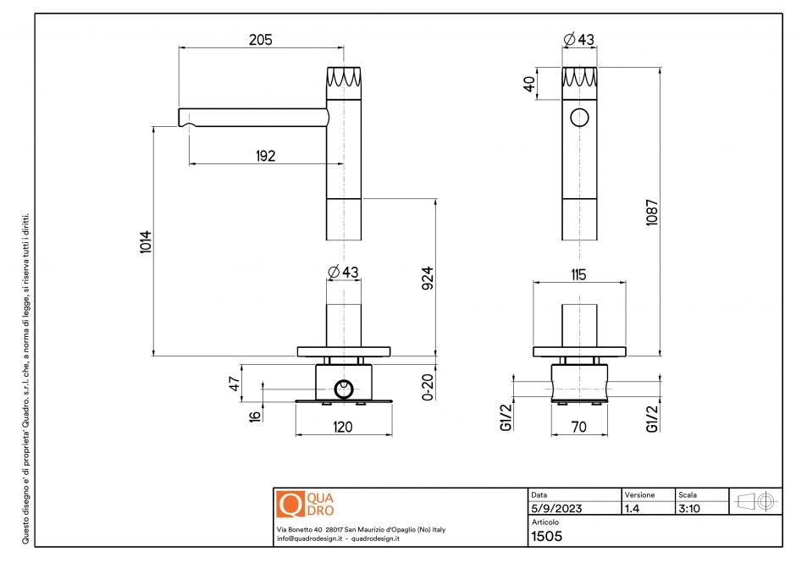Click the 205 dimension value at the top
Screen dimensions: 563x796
(x=260, y=40)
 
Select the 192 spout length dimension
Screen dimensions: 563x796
(x=263, y=156)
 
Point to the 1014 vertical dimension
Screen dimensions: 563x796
(x=146, y=244)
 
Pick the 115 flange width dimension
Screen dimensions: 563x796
(x=580, y=275)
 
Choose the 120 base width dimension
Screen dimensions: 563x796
(x=342, y=428)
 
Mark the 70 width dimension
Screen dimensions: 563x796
(x=579, y=428)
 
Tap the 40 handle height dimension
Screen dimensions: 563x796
(x=529, y=86)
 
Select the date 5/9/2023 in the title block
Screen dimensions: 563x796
(x=556, y=509)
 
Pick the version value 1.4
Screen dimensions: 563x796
(x=632, y=509)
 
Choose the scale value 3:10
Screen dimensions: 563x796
(x=688, y=509)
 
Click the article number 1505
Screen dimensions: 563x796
(x=546, y=535)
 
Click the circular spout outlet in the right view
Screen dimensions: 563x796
(x=580, y=118)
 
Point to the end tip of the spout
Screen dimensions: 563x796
(x=181, y=116)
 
